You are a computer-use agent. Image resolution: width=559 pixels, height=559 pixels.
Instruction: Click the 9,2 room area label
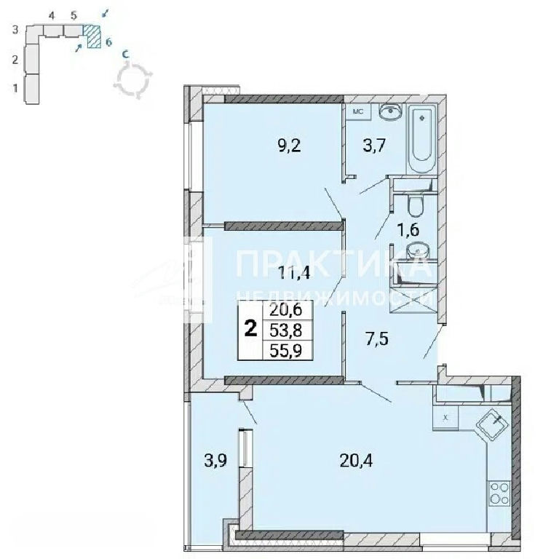pyautogui.click(x=289, y=146)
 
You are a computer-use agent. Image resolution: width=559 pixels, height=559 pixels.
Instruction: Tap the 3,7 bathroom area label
pyautogui.click(x=375, y=146)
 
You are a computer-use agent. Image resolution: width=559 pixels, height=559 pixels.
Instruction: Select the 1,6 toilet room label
pyautogui.click(x=408, y=229)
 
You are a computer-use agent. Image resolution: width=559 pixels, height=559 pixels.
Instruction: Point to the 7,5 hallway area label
pyautogui.click(x=377, y=338)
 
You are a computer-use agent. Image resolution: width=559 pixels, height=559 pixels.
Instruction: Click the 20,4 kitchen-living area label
pyautogui.click(x=356, y=461)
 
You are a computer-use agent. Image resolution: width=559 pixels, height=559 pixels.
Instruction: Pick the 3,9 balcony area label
pyautogui.click(x=215, y=461)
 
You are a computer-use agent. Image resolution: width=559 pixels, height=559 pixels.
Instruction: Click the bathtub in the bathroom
pyautogui.click(x=422, y=140)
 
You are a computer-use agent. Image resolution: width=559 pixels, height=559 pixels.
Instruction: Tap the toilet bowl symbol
pyautogui.click(x=415, y=206)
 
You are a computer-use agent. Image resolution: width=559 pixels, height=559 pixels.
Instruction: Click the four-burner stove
pyautogui.click(x=499, y=493)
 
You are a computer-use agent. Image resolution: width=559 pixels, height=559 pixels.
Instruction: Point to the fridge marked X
pyautogui.click(x=445, y=418)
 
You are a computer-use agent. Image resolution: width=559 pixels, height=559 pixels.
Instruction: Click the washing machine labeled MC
pyautogui.click(x=358, y=111)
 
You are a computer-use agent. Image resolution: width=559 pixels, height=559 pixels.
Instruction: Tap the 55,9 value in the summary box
pyautogui.click(x=286, y=350)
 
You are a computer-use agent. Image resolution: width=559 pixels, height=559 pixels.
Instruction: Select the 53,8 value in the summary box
pyautogui.click(x=286, y=331)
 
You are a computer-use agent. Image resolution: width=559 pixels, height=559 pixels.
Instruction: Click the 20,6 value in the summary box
pyautogui.click(x=286, y=310)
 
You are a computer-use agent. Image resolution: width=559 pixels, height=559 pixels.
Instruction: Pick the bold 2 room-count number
pyautogui.click(x=251, y=328)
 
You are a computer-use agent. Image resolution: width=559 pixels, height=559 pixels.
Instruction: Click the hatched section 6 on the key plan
pyautogui.click(x=92, y=36)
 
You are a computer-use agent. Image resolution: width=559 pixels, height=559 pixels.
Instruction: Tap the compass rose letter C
pyautogui.click(x=125, y=54)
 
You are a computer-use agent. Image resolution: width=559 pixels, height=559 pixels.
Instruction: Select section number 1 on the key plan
pyautogui.click(x=15, y=87)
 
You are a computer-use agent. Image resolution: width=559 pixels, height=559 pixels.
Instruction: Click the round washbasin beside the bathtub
pyautogui.click(x=391, y=112)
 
